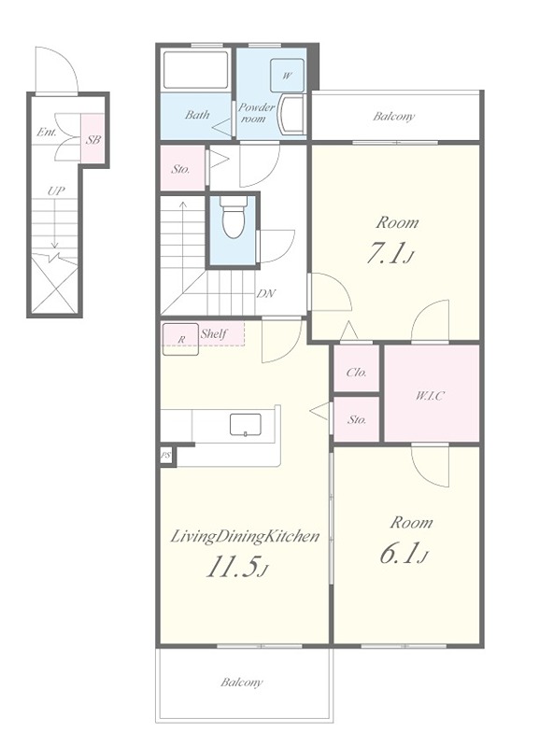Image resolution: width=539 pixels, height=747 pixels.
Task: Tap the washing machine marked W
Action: click(287, 76)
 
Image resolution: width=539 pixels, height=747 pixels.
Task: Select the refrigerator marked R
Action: click(180, 339)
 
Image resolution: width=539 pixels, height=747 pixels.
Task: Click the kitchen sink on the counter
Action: click(246, 425)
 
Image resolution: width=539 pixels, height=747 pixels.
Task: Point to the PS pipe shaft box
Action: click(166, 456)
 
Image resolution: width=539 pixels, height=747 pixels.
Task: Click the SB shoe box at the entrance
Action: click(92, 140)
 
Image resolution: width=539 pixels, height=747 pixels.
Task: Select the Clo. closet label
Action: click(356, 372)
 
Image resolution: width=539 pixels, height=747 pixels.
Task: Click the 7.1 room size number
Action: click(385, 252)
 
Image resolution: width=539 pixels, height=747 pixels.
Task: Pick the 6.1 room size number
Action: click(400, 553)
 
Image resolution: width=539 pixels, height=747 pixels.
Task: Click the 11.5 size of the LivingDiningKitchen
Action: click(234, 568)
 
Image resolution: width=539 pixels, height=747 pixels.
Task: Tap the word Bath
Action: click(197, 114)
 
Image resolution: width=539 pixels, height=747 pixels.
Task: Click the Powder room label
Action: click(256, 113)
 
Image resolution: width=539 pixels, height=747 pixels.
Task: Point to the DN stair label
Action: click(266, 293)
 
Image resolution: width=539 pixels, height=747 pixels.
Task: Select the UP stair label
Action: click(56, 191)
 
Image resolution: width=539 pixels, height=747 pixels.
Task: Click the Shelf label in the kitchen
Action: click(214, 333)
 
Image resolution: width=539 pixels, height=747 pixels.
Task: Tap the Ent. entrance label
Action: click(47, 132)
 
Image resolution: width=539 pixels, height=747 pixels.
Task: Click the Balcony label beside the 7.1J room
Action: click(393, 116)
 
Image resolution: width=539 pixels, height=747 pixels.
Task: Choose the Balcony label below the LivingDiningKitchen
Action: click(241, 683)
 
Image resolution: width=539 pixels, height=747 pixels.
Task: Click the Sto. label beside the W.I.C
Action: click(357, 419)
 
